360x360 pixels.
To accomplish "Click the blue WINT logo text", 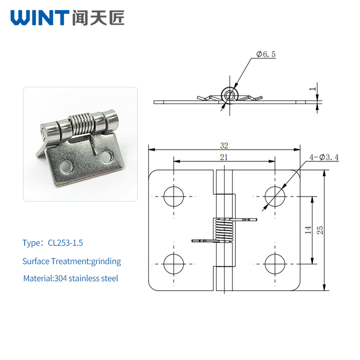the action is [40, 18].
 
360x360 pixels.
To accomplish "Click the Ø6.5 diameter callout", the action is [266, 54].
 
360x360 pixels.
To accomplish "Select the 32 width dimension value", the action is [224, 145].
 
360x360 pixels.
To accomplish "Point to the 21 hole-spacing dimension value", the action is [224, 157].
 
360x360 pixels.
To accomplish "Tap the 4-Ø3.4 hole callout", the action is [324, 157].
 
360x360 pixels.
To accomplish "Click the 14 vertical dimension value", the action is [308, 229].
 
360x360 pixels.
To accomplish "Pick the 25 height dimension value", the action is [320, 230].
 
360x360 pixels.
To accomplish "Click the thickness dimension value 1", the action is [312, 89].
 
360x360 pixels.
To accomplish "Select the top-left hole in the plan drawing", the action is [174, 197].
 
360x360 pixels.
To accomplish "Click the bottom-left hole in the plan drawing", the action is [174, 264].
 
